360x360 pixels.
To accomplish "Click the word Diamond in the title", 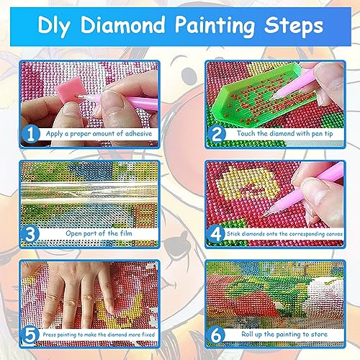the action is coord(122,24).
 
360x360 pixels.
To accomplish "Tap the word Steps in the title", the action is coord(294,27).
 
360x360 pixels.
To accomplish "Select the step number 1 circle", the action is coord(31,134).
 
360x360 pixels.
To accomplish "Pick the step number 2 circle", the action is coord(217,134).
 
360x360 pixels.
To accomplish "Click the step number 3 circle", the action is coord(30,234).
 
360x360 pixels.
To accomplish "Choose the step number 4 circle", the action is coord(216,234).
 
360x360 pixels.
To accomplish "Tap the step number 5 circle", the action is coord(30,335).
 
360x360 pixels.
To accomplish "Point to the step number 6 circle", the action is coord(216,335).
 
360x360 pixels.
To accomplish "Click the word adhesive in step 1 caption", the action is coord(138,133).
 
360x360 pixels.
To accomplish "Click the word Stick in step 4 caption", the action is coord(233,233).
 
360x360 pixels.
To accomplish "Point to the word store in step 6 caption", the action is coord(319,334).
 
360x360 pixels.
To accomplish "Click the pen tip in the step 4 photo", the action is coord(266,212).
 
